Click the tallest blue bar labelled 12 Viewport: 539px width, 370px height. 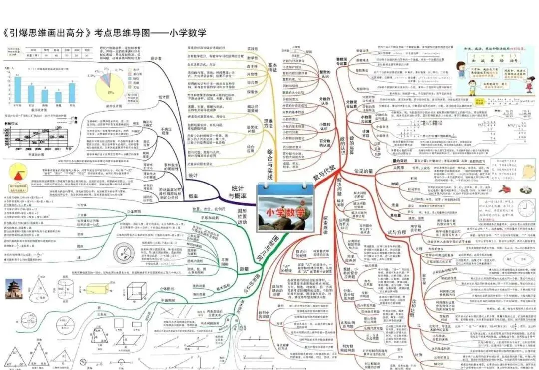click(18, 90)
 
